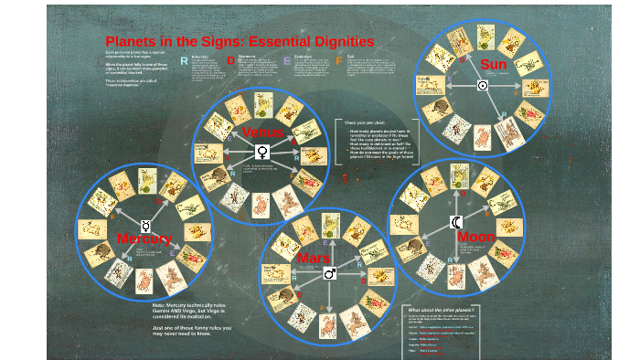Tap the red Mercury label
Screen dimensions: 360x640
[144, 238]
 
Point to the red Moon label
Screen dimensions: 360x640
[475, 237]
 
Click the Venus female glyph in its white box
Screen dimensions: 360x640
[262, 152]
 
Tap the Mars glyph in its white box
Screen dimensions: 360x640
[329, 273]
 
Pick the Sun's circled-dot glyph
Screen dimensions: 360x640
[483, 85]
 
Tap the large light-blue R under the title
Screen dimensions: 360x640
[184, 60]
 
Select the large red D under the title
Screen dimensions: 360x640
[230, 60]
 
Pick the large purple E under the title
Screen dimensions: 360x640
[287, 61]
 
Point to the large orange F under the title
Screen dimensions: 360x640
[338, 61]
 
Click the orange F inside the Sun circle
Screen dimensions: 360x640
[517, 92]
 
